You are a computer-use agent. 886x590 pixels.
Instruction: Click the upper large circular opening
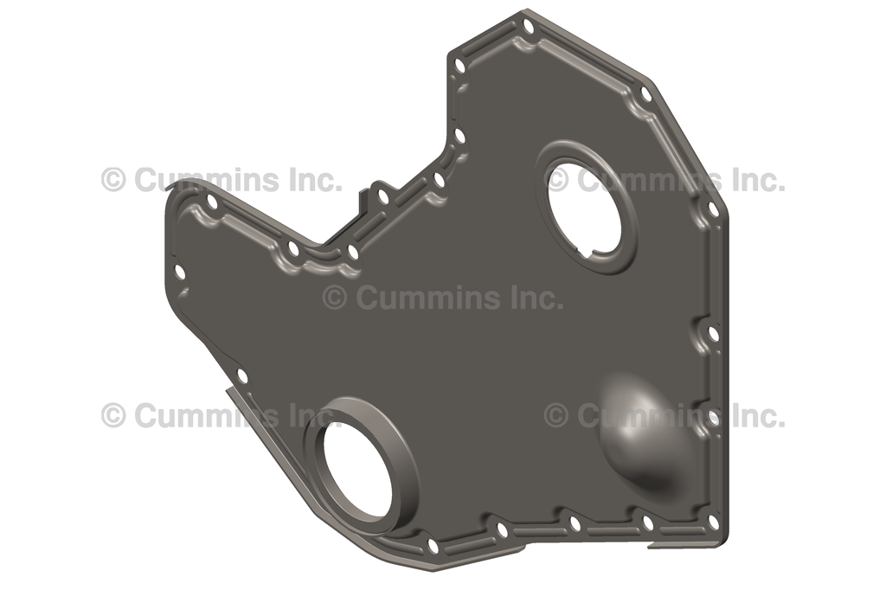585,208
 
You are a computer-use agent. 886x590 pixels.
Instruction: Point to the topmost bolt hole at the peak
529,27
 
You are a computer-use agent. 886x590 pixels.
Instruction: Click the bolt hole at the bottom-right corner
712,522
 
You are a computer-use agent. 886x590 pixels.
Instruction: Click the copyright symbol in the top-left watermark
113,180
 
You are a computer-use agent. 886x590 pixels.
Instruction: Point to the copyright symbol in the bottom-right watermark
556,415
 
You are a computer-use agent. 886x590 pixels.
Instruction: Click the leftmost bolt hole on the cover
180,273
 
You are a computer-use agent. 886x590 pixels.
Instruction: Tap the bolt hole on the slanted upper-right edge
645,94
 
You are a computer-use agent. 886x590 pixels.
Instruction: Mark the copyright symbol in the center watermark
335,298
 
